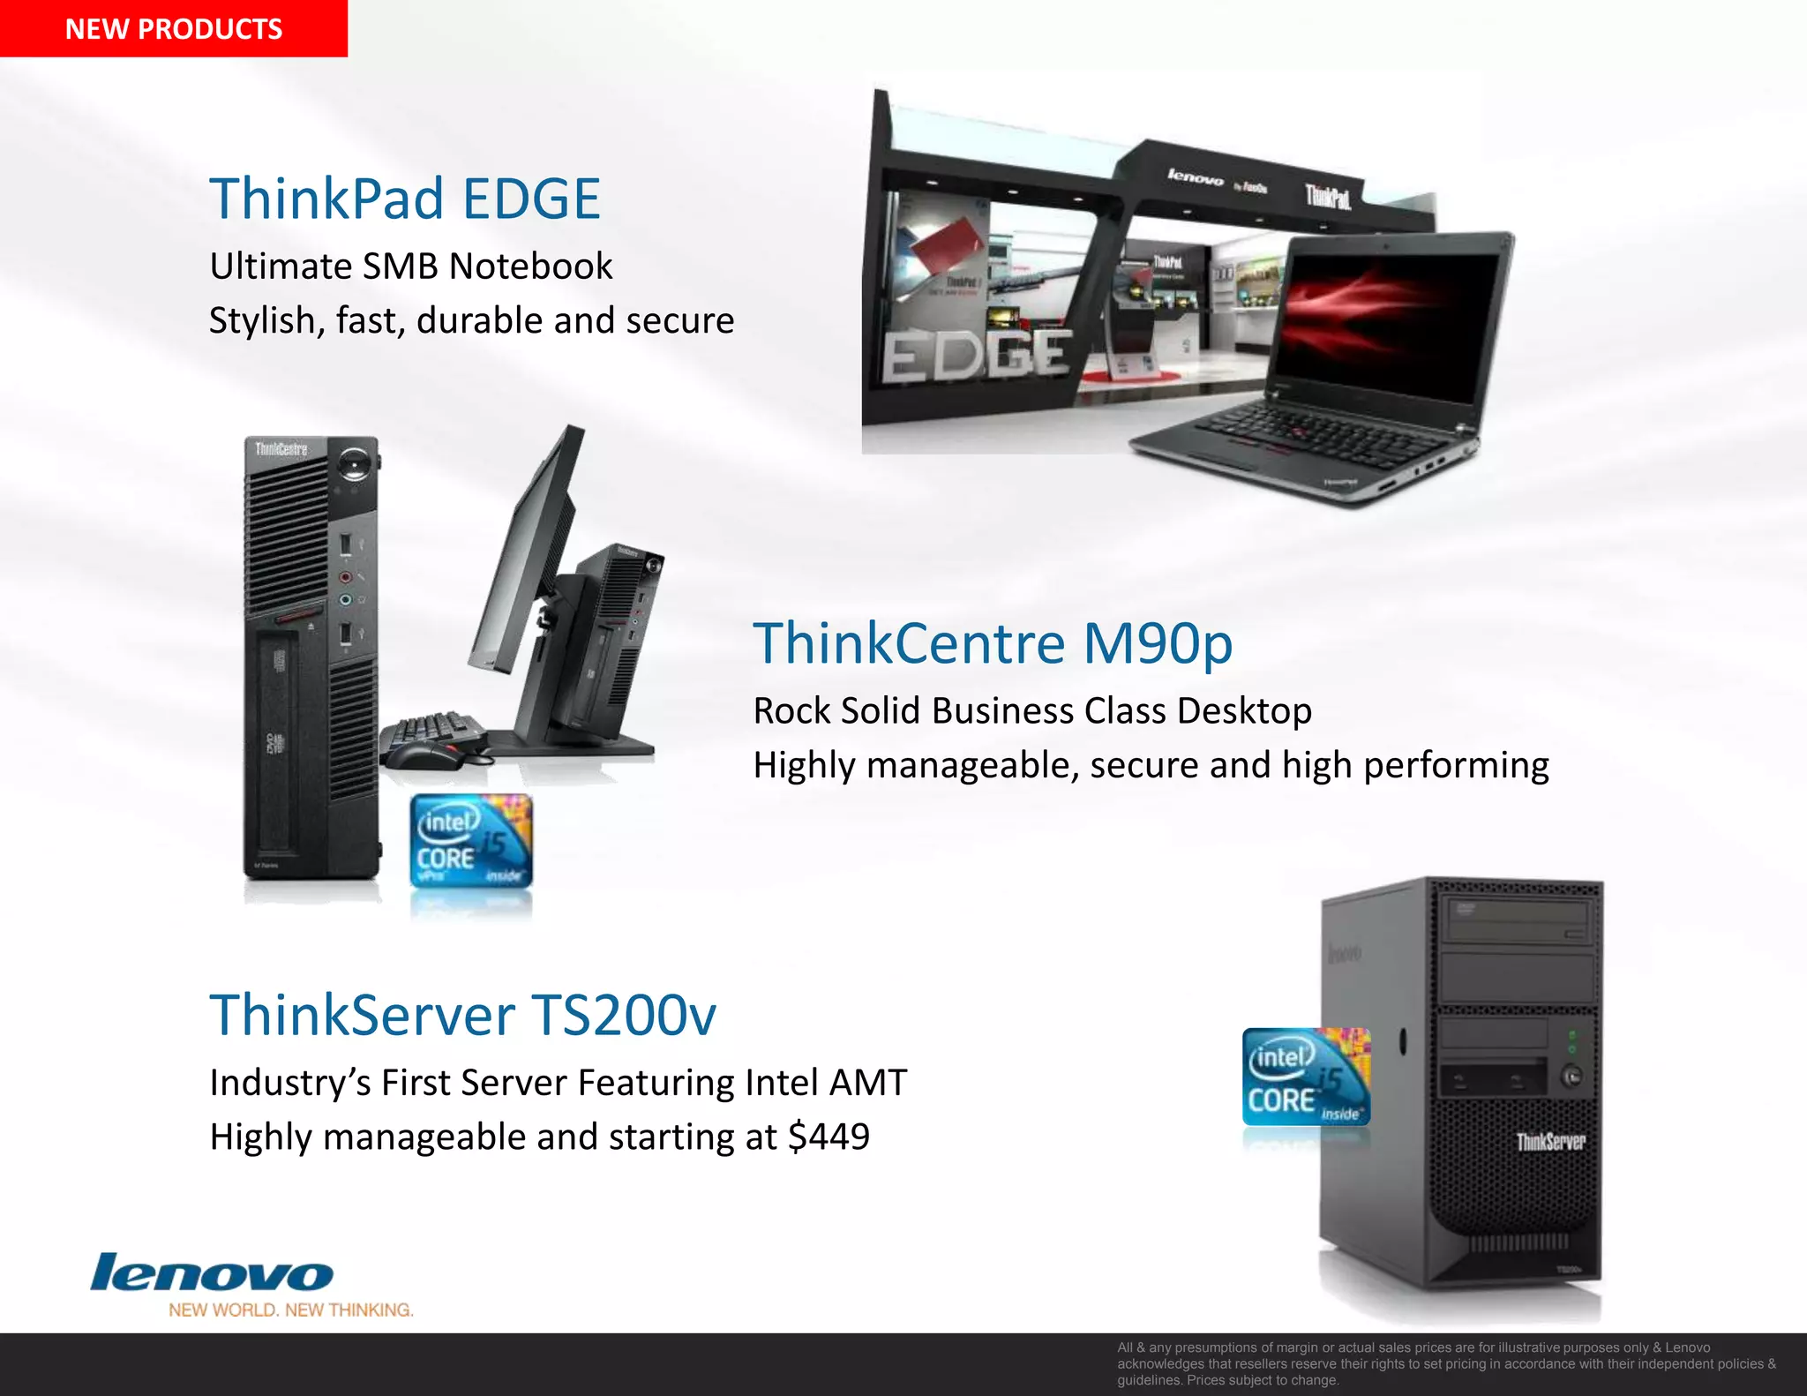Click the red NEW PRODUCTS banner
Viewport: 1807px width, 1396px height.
tap(174, 28)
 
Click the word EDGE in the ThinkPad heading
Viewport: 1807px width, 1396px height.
tap(531, 199)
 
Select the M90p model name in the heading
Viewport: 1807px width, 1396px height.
tap(1157, 643)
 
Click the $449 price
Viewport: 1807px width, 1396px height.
tap(829, 1137)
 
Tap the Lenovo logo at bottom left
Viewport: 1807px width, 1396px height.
tap(212, 1273)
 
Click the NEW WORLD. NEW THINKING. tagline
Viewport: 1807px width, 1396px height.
tap(291, 1310)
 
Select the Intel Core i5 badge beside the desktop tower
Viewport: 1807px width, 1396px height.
tap(471, 841)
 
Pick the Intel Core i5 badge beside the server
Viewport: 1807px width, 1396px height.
tap(1306, 1077)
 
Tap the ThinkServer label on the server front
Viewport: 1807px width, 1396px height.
tap(1550, 1142)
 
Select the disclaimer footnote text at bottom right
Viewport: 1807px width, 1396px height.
tap(1447, 1363)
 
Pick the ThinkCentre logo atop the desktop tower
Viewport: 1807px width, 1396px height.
tap(281, 450)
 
